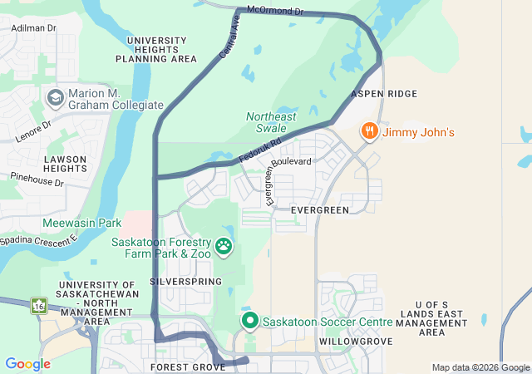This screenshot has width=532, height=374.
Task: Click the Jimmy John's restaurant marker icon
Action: coord(369,131)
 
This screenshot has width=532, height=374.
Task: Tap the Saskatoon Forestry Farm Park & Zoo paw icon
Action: coord(224,246)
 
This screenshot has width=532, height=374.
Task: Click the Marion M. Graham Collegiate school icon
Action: coord(57,98)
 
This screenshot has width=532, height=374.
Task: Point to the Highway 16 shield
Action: coord(37,306)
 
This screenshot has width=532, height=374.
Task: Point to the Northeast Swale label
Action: coord(271,122)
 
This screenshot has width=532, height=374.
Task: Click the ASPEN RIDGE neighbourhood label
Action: coord(384,94)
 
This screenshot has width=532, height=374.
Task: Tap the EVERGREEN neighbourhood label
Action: coord(320,210)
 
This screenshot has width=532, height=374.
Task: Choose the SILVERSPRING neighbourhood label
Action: coord(185,282)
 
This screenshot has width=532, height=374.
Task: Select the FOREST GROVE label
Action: coord(188,367)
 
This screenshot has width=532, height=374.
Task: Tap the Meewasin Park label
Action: coord(82,223)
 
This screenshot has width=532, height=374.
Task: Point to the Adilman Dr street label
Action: coord(34,27)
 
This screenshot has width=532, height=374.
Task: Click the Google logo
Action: coord(27,364)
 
